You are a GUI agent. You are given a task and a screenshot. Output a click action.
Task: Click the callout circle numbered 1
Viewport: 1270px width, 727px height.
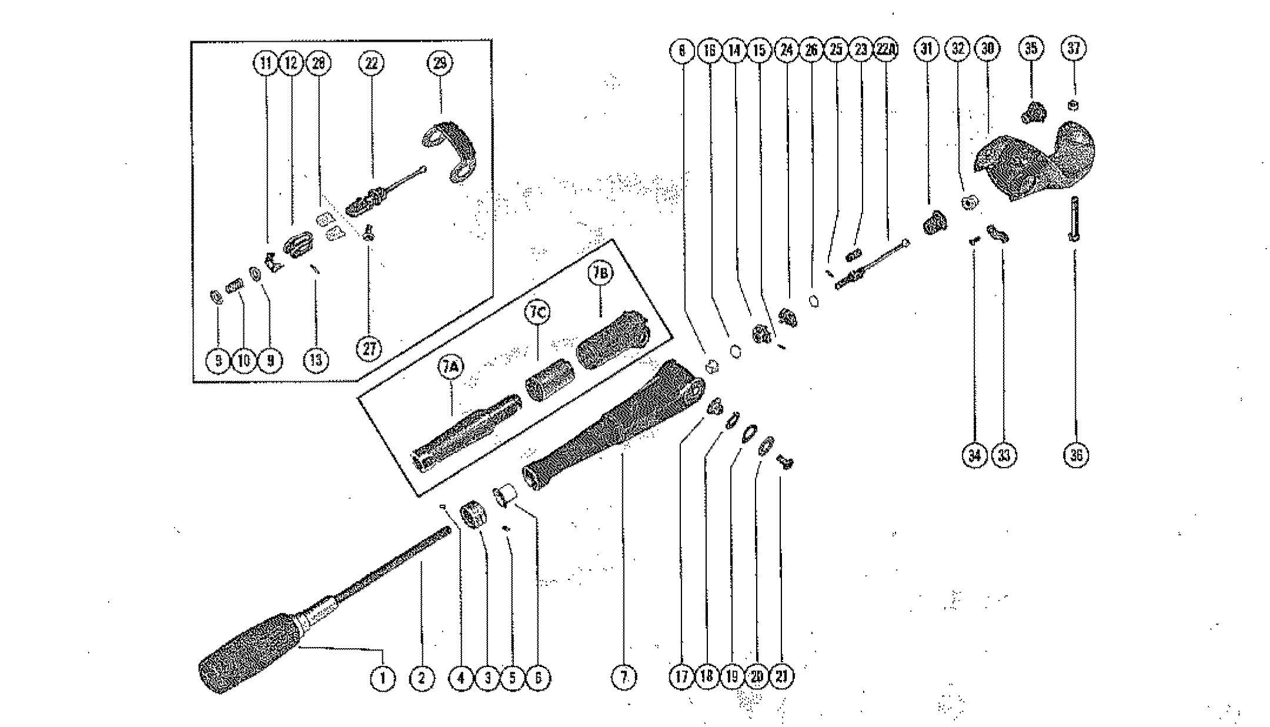coord(383,678)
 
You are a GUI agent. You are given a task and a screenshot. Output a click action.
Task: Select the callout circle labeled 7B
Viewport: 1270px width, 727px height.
coord(599,275)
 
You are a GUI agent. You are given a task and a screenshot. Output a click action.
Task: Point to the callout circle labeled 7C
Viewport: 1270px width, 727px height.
coord(537,312)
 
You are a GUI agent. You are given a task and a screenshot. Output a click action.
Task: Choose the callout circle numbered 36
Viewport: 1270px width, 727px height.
coord(1075,455)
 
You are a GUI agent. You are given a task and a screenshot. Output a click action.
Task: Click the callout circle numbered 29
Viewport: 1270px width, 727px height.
coord(440,62)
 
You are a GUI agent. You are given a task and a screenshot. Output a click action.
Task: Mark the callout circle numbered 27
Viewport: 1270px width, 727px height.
coord(369,349)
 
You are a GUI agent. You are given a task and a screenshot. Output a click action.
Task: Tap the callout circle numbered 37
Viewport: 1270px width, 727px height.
coord(1074,49)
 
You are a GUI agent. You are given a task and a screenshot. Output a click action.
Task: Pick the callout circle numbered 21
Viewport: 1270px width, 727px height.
coord(781,677)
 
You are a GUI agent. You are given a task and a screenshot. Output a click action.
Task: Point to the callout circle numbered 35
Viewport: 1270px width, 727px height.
coord(1031,49)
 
